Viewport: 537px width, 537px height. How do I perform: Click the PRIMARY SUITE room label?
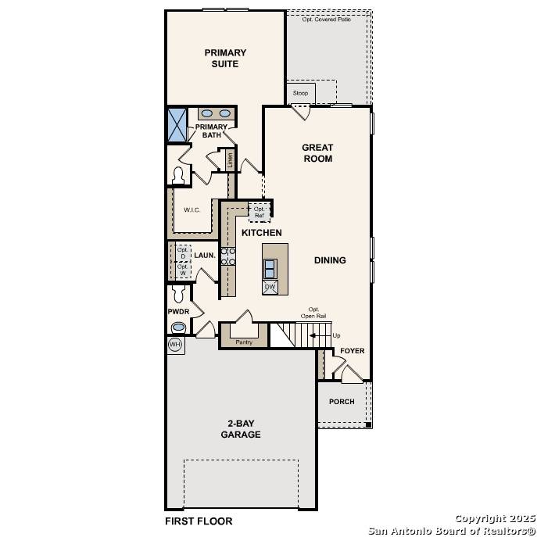(225, 59)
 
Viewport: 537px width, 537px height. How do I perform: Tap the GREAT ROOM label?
(317, 153)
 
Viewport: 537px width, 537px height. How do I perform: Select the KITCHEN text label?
(261, 233)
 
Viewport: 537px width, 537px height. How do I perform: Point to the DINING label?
(330, 260)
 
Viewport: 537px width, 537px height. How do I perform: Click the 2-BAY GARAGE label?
(240, 429)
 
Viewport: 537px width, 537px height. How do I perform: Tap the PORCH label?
(342, 402)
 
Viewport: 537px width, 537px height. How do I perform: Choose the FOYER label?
(352, 351)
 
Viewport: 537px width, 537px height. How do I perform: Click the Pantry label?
(245, 342)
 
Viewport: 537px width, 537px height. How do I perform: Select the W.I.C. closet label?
(192, 210)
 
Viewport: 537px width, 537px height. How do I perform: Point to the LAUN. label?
(205, 256)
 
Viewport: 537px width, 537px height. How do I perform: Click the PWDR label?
(179, 311)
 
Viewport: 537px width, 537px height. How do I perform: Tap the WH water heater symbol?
(175, 345)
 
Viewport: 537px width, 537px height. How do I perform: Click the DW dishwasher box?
(270, 287)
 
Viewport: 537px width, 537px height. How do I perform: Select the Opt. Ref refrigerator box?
(260, 212)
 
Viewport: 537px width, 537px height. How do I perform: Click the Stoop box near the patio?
(301, 93)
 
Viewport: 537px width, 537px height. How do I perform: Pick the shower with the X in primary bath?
(178, 125)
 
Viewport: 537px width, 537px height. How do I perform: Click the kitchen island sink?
(270, 268)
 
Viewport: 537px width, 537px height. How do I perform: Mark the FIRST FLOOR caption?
(198, 521)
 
